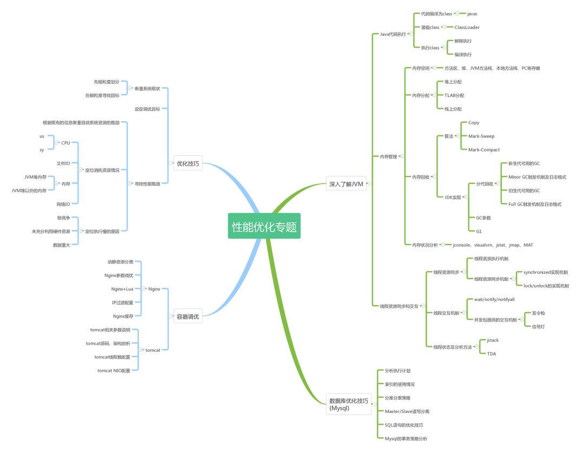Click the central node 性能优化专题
[264, 227]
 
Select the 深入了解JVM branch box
[347, 184]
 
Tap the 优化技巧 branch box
[188, 163]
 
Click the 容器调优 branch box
[188, 317]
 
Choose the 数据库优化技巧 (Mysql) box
[349, 404]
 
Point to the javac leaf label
[472, 14]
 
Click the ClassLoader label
[467, 27]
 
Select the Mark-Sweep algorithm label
[481, 136]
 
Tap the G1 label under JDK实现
[479, 231]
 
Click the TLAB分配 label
[454, 95]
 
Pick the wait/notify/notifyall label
[494, 299]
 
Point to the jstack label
[493, 340]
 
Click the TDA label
[491, 354]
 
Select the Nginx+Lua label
[122, 289]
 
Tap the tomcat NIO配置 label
[114, 371]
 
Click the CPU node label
[65, 143]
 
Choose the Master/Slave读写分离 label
[407, 411]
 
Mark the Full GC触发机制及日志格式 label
[535, 204]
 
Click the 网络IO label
[63, 204]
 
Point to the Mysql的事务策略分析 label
[406, 438]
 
